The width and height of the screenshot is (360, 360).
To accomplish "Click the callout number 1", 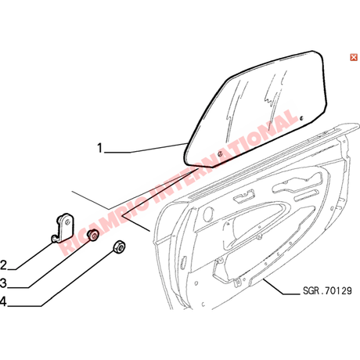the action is [x=99, y=148].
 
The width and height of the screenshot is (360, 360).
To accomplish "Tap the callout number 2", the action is [x=3, y=265].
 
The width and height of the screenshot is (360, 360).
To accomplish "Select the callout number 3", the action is [x=3, y=283].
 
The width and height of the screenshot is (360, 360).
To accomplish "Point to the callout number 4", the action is [x=3, y=301].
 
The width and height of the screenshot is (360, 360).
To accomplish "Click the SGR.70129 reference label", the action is [x=327, y=290].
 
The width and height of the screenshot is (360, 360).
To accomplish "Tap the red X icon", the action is [x=354, y=57].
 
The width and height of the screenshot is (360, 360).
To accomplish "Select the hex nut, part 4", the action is [x=119, y=247].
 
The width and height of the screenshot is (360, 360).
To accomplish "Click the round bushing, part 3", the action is [x=93, y=236].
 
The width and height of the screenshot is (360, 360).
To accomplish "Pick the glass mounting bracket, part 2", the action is [x=63, y=228].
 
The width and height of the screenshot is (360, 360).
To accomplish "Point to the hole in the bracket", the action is [x=67, y=221].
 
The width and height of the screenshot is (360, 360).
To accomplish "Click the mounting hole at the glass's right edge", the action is [x=301, y=118].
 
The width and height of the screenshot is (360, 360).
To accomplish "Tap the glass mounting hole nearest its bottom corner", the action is [x=220, y=154].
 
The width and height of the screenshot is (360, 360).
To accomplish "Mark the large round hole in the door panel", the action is [x=208, y=214].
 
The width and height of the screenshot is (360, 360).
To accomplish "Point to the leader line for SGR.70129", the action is [x=282, y=287].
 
